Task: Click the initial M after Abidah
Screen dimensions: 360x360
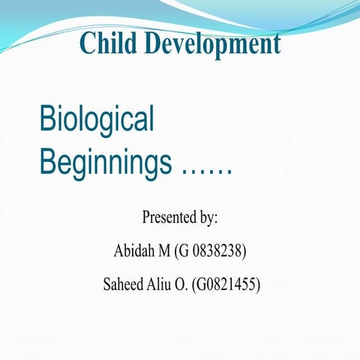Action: pyautogui.click(x=163, y=250)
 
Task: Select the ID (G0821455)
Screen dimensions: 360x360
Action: pyautogui.click(x=232, y=284)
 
